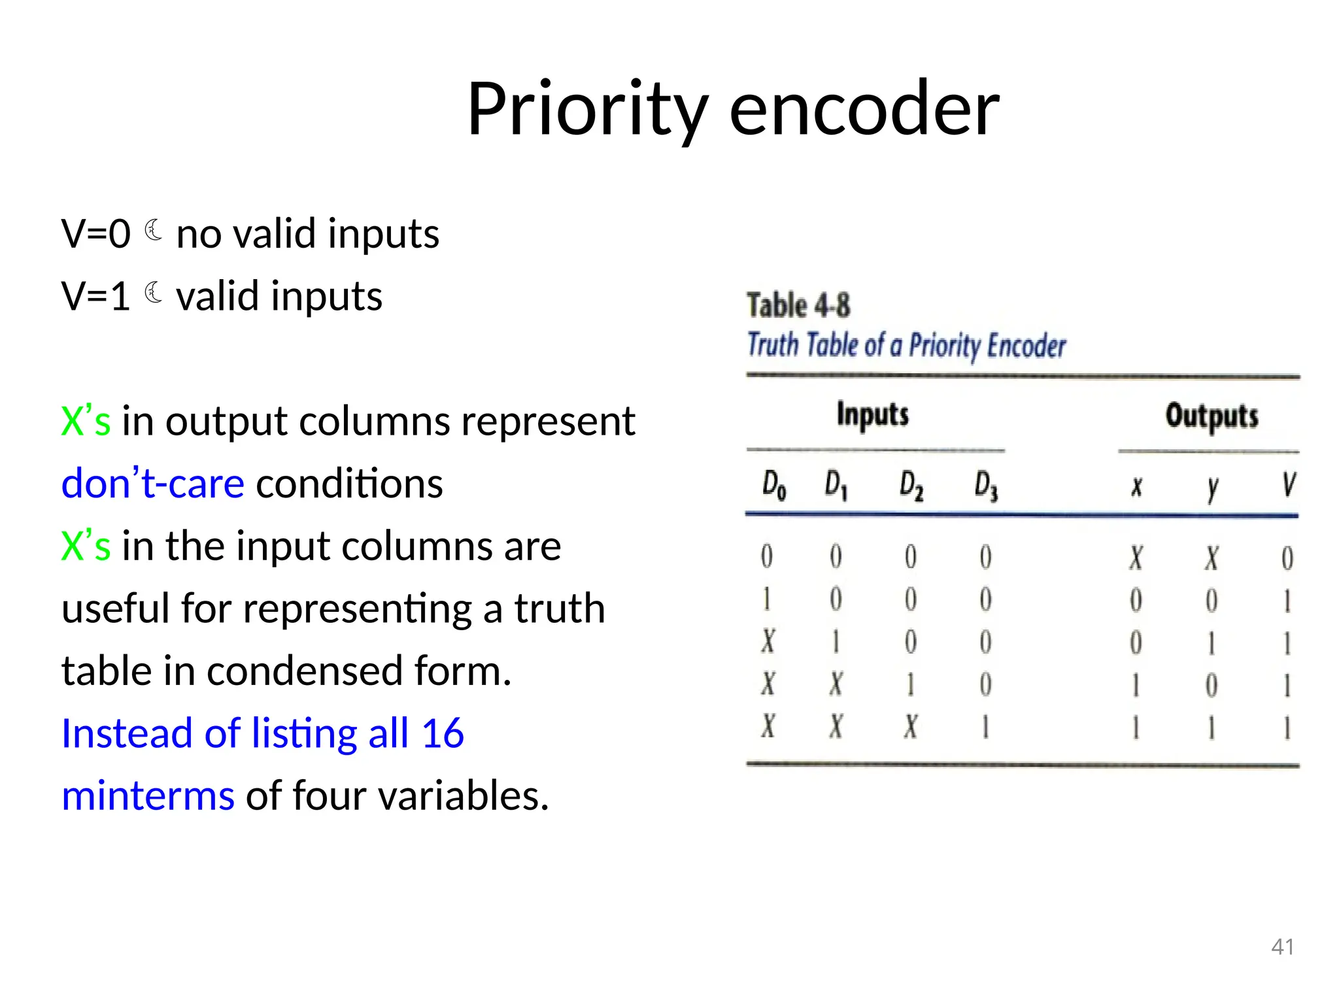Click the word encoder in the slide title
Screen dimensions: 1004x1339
click(x=864, y=109)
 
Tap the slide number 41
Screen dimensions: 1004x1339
click(x=1282, y=946)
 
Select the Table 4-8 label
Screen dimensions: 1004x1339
click(x=798, y=306)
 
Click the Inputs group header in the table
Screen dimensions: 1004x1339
click(x=873, y=414)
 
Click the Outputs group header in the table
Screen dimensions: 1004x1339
click(x=1212, y=416)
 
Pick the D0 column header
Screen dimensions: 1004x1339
click(x=773, y=486)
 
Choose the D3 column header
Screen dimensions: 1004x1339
click(x=986, y=486)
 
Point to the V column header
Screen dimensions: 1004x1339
click(x=1288, y=485)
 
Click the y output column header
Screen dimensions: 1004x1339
click(x=1213, y=488)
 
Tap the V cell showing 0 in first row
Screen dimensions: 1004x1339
click(x=1287, y=558)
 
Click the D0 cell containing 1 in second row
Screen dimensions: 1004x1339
click(x=767, y=599)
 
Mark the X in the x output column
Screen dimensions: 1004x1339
click(x=1136, y=558)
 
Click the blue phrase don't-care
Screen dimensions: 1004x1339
click(x=153, y=484)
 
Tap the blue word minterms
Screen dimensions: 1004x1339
click(x=148, y=796)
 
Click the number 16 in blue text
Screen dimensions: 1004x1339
click(x=443, y=733)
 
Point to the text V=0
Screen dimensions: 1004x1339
click(x=95, y=233)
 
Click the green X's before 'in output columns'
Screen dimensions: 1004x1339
click(x=86, y=421)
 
